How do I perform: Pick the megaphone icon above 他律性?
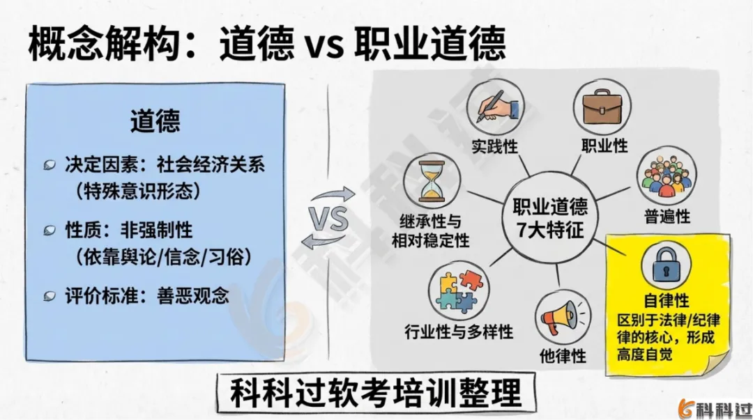[x=562, y=317]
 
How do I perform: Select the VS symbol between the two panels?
[x=330, y=218]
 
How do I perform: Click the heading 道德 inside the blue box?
[x=155, y=121]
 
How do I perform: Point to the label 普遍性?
[x=666, y=216]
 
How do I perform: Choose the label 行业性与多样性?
[x=458, y=331]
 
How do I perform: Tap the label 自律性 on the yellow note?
[x=665, y=301]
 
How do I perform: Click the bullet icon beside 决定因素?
[x=50, y=165]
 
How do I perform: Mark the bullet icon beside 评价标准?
[x=50, y=295]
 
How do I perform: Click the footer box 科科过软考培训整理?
[x=376, y=393]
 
